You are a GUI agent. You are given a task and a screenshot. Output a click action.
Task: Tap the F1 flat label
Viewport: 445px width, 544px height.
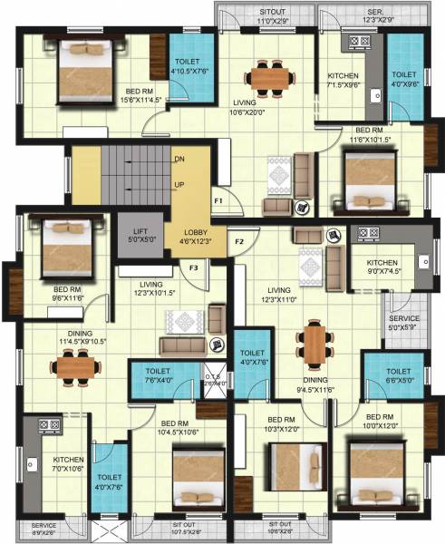click(218, 199)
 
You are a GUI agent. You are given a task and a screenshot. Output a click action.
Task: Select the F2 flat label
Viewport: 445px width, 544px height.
click(240, 241)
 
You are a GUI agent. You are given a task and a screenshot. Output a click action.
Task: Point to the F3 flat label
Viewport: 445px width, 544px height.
click(194, 267)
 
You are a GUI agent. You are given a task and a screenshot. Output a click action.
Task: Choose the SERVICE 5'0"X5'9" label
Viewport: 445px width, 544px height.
click(405, 323)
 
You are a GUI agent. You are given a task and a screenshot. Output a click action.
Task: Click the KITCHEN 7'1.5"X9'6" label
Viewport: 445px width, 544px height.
click(343, 81)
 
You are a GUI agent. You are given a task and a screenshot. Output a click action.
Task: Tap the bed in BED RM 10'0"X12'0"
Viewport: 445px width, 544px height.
click(385, 471)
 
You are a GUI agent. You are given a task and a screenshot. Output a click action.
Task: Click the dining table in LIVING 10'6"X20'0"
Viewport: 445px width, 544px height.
click(269, 76)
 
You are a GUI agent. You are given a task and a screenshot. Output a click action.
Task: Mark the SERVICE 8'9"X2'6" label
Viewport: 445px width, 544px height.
click(44, 529)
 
